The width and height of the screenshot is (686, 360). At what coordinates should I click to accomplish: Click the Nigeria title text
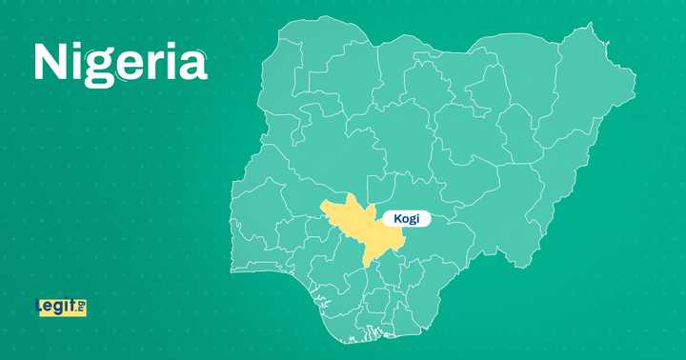pyautogui.click(x=120, y=63)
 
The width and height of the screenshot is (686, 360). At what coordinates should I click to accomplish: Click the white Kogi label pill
pyautogui.click(x=407, y=219)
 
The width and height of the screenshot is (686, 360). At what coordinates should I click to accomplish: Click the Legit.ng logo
pyautogui.click(x=60, y=307)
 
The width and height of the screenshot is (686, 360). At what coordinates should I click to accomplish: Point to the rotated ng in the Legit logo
pyautogui.click(x=81, y=306)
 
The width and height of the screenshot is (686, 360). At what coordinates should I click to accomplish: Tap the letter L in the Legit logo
pyautogui.click(x=40, y=307)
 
